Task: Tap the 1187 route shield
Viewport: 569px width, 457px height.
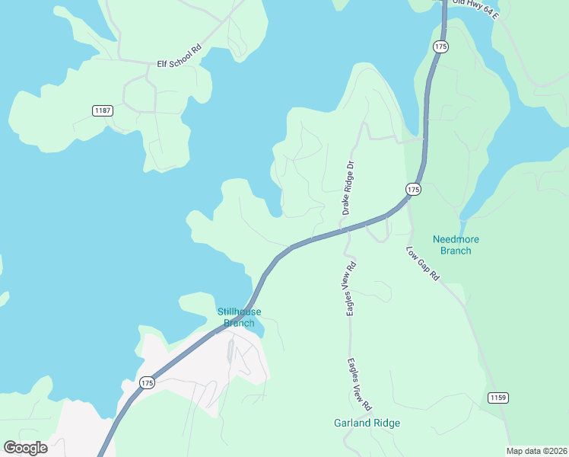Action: (103, 110)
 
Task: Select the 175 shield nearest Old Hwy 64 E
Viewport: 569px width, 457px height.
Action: (441, 47)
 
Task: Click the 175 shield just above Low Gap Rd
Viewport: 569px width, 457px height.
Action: (412, 189)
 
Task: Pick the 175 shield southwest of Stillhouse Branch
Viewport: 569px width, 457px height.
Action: (147, 383)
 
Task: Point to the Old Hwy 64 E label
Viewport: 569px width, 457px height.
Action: (475, 8)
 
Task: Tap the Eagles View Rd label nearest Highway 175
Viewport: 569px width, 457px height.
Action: (351, 289)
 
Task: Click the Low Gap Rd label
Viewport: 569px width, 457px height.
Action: (423, 264)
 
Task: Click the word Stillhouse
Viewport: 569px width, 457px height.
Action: (240, 312)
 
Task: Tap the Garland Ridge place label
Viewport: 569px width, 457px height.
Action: (367, 423)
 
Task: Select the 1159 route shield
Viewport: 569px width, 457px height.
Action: (497, 398)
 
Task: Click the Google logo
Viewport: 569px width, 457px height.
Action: (25, 448)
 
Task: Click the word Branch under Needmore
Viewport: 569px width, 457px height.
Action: (456, 251)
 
